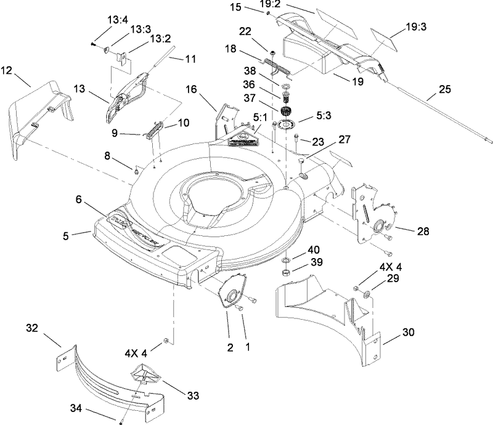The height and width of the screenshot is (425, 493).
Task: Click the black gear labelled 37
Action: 285,113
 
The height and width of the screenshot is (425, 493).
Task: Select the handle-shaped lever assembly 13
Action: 129,92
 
